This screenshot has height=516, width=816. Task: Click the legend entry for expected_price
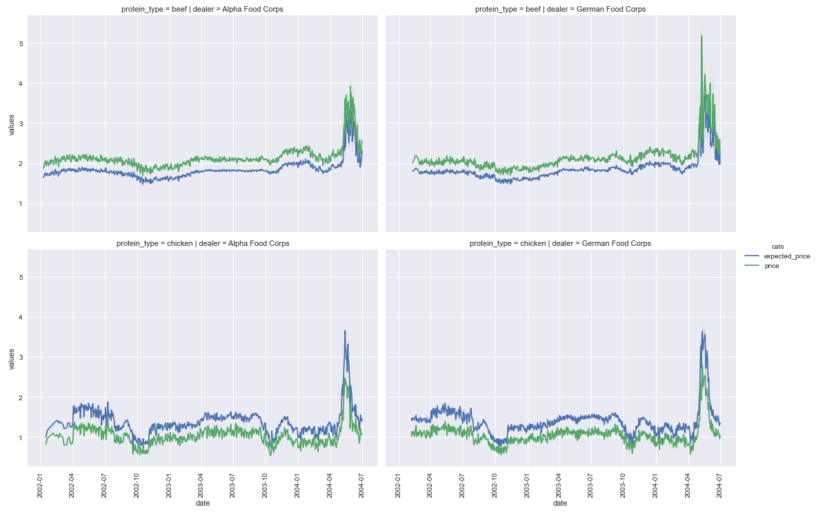pyautogui.click(x=777, y=256)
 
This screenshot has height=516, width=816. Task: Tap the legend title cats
pyautogui.click(x=777, y=247)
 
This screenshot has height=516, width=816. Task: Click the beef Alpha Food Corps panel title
pyautogui.click(x=202, y=10)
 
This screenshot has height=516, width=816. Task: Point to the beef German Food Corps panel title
pyautogui.click(x=560, y=10)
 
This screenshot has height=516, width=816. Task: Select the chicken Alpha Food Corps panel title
pyautogui.click(x=202, y=243)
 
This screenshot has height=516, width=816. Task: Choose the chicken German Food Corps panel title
pyautogui.click(x=560, y=243)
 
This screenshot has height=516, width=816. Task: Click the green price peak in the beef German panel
pyautogui.click(x=701, y=35)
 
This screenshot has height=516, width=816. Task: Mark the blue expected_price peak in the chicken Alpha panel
pyautogui.click(x=345, y=331)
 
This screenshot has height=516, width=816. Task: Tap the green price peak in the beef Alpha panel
pyautogui.click(x=351, y=86)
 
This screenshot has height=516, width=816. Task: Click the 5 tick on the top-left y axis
pyautogui.click(x=21, y=43)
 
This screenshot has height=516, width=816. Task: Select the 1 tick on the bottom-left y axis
pyautogui.click(x=21, y=437)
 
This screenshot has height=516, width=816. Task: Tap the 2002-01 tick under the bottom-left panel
pyautogui.click(x=41, y=485)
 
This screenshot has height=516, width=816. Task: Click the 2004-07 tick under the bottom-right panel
pyautogui.click(x=721, y=485)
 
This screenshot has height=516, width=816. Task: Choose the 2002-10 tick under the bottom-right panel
pyautogui.click(x=495, y=485)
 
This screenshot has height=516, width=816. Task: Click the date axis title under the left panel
pyautogui.click(x=202, y=503)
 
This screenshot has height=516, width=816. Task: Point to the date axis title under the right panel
pyautogui.click(x=560, y=503)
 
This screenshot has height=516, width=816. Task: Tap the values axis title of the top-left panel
pyautogui.click(x=12, y=124)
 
